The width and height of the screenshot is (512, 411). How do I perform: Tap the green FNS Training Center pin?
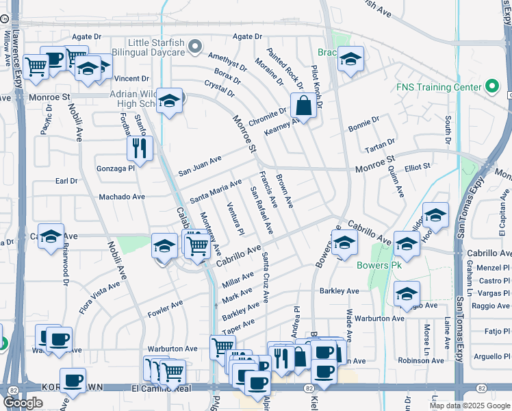click(491, 87)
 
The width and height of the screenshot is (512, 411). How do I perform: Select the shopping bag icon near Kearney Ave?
click(302, 106)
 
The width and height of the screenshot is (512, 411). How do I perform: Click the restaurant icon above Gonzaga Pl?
click(140, 149)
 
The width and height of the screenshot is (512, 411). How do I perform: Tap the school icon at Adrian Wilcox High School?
click(168, 101)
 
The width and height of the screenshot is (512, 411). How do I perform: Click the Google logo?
click(23, 402)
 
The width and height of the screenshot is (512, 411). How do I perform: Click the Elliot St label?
click(417, 166)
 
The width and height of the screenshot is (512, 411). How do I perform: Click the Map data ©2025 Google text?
click(469, 406)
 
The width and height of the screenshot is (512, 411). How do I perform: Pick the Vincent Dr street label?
click(131, 79)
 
